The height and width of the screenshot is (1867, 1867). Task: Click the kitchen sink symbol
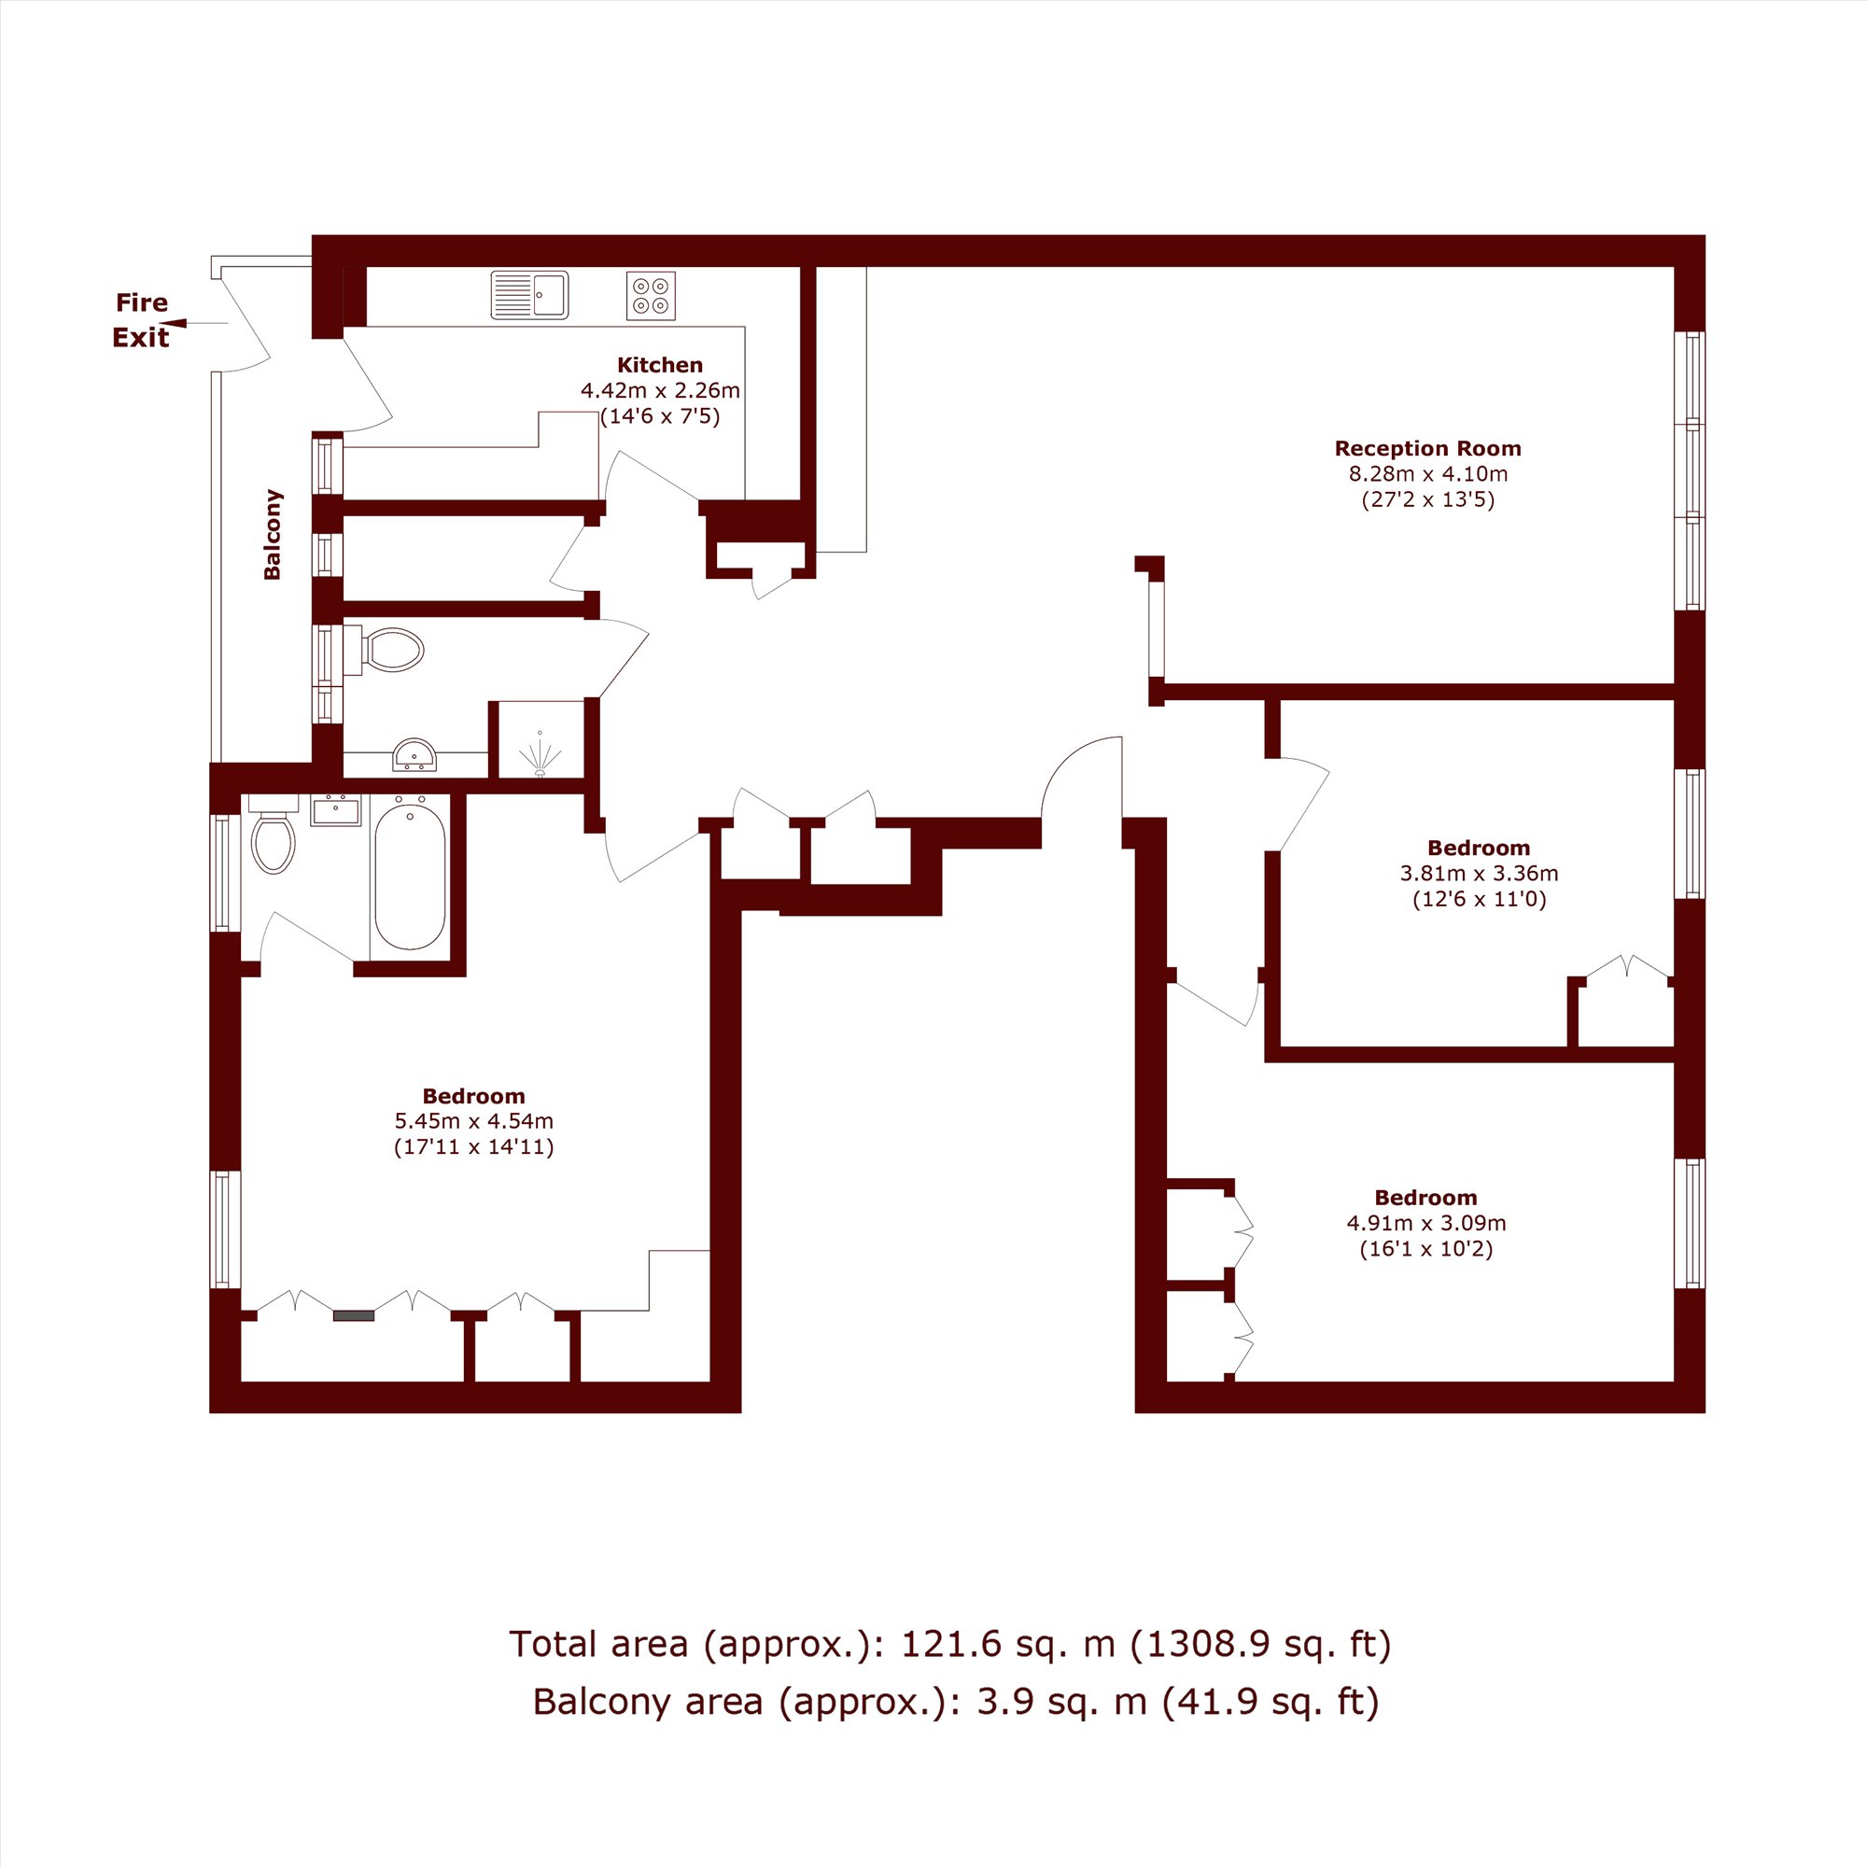click(529, 295)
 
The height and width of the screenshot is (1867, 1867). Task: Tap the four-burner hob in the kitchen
click(651, 296)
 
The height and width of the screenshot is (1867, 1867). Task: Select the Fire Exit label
click(141, 320)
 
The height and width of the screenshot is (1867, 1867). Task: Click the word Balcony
click(273, 534)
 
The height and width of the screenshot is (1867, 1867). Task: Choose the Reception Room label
click(1427, 448)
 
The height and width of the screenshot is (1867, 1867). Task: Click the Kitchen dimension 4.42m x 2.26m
click(660, 391)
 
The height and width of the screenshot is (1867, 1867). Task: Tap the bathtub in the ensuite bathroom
click(411, 877)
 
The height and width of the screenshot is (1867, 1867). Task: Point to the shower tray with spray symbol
click(540, 739)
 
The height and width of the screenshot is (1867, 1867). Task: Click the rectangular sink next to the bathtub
click(335, 809)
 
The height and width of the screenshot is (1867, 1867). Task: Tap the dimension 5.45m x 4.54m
click(473, 1121)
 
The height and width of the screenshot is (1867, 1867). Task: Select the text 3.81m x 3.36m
click(1479, 874)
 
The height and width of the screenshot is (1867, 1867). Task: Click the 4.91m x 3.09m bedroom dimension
click(1426, 1223)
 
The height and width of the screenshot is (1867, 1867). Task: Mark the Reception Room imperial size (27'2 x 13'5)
click(1428, 500)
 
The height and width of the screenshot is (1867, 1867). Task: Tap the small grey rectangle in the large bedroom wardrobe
click(354, 1315)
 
